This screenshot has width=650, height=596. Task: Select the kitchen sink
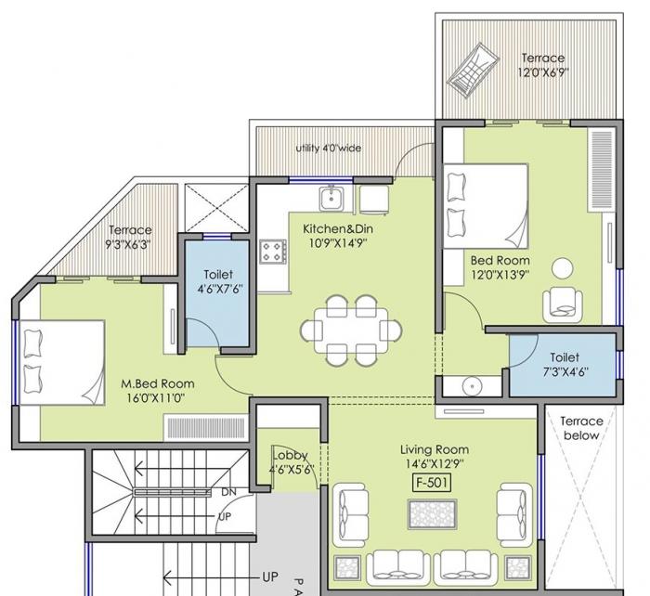click(x=331, y=196)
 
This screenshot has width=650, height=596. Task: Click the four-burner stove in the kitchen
click(x=273, y=251)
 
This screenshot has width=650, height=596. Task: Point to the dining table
click(x=352, y=330)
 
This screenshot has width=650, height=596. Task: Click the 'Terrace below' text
click(x=582, y=428)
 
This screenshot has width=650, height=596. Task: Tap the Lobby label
click(x=290, y=455)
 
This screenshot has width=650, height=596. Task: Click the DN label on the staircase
click(x=228, y=492)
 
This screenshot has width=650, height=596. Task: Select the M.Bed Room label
click(x=158, y=382)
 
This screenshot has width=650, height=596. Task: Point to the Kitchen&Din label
click(x=337, y=228)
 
